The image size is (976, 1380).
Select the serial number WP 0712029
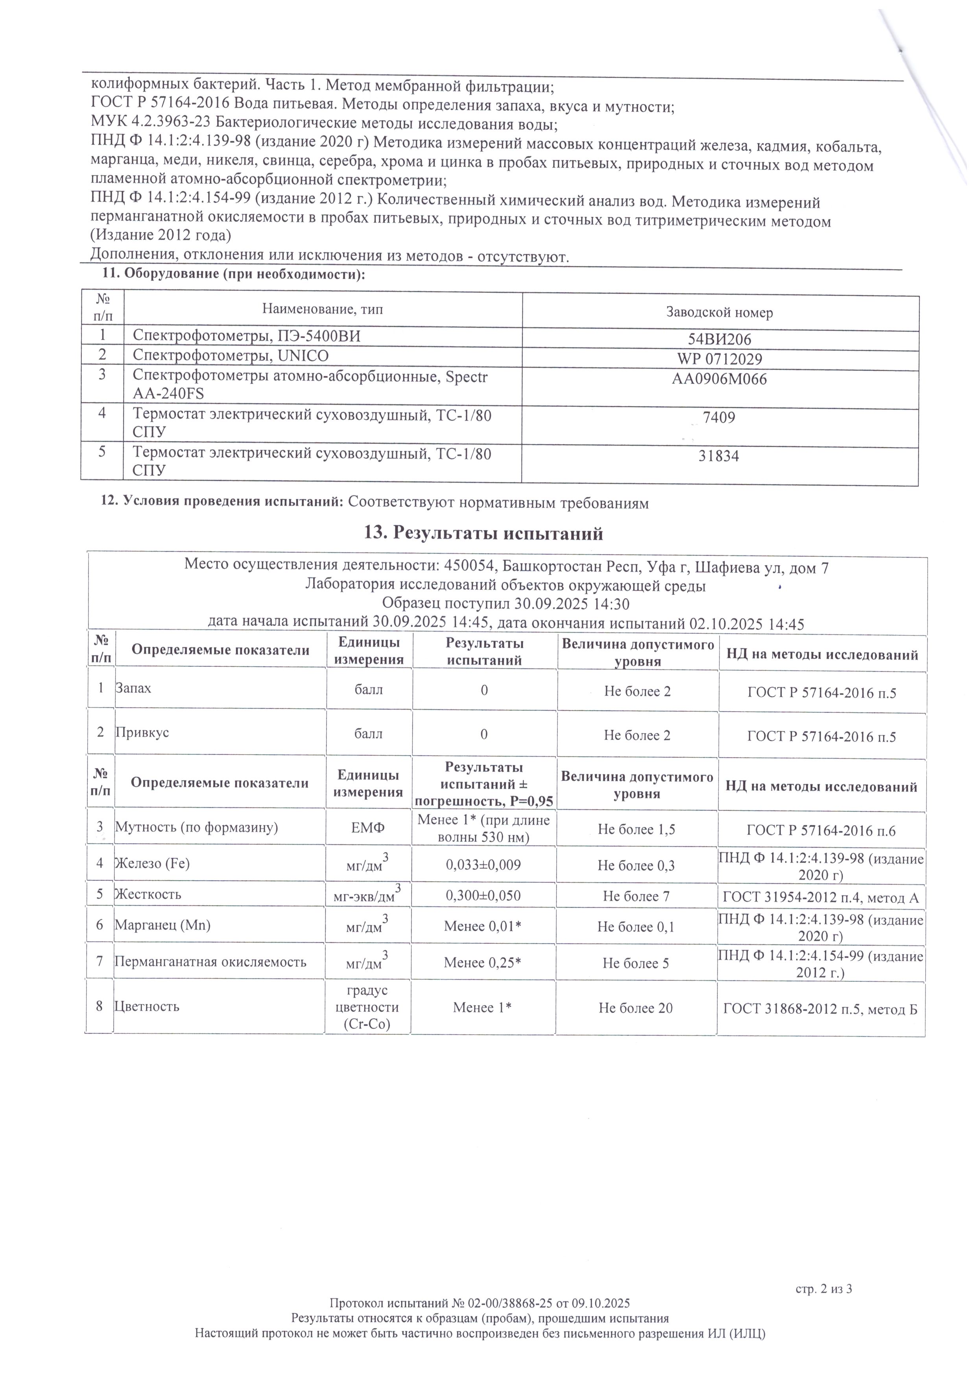[x=720, y=360]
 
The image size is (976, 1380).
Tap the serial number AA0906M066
[x=720, y=379]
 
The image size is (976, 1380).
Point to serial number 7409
[x=719, y=418]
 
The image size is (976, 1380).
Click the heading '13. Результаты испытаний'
[x=484, y=534]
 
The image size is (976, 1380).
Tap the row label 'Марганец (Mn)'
[x=163, y=925]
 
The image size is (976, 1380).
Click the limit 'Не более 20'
[x=636, y=1008]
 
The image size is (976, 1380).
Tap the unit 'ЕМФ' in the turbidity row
[x=368, y=828]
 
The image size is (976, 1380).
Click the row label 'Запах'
[x=133, y=688]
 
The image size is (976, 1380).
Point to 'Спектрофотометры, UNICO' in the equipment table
[x=231, y=356]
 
